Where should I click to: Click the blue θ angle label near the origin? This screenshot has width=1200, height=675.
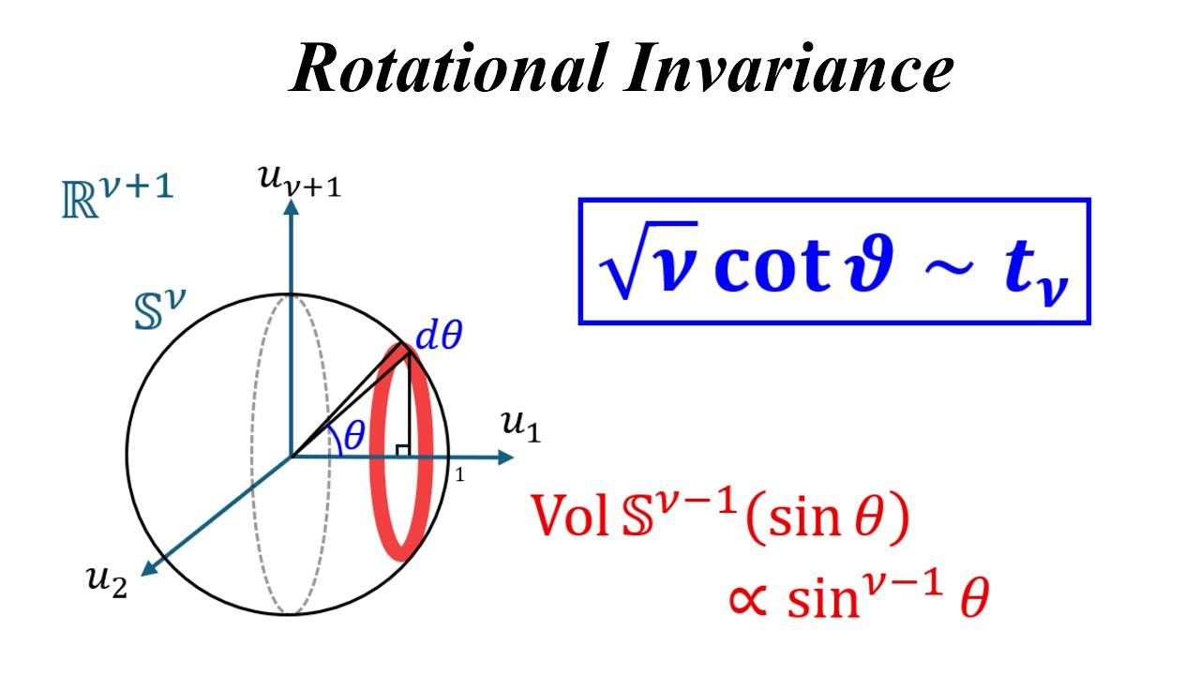pyautogui.click(x=354, y=436)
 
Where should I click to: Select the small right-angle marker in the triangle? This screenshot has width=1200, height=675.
pyautogui.click(x=402, y=451)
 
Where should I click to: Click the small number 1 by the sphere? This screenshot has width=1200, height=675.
pyautogui.click(x=459, y=475)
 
